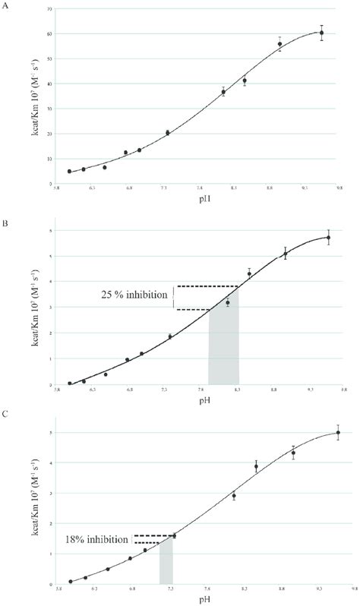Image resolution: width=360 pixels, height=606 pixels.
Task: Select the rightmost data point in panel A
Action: pos(322,33)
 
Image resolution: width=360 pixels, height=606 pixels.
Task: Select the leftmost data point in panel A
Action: pos(69,172)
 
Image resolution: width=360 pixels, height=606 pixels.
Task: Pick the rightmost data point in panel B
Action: pos(329,238)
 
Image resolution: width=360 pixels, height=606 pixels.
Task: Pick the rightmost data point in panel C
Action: pos(338,433)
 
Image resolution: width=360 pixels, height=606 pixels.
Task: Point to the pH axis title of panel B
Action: pos(202,398)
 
